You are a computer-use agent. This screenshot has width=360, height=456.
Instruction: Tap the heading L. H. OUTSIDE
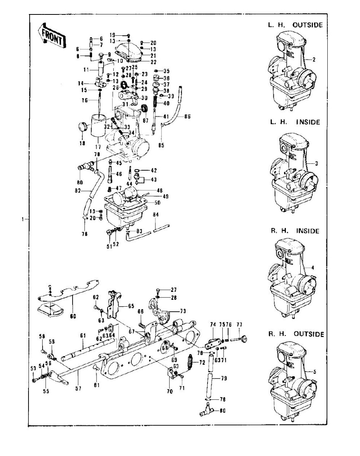295,25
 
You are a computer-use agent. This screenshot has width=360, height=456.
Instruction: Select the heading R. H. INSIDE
294,231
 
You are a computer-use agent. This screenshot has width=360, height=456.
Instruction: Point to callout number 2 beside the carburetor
314,59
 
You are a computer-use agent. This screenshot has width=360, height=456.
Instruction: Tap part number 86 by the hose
187,116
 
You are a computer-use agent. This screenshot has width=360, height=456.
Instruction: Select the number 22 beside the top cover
143,62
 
